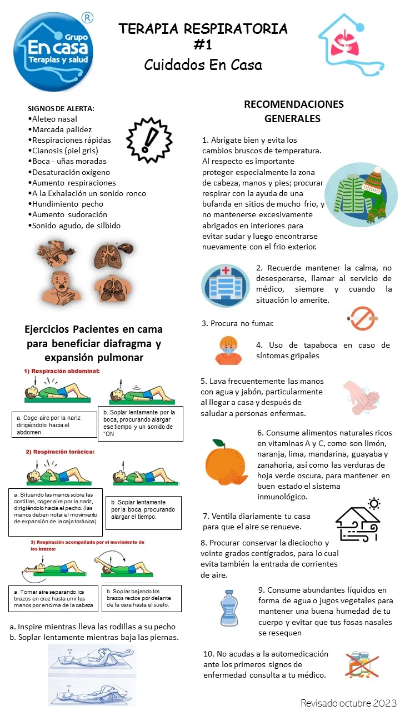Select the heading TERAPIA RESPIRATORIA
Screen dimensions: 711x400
(x=203, y=29)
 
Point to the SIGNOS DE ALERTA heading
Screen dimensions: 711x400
(x=61, y=108)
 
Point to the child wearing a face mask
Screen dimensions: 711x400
(x=228, y=351)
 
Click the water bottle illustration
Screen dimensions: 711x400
(x=228, y=608)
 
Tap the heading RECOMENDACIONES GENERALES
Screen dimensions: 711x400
(x=293, y=111)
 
